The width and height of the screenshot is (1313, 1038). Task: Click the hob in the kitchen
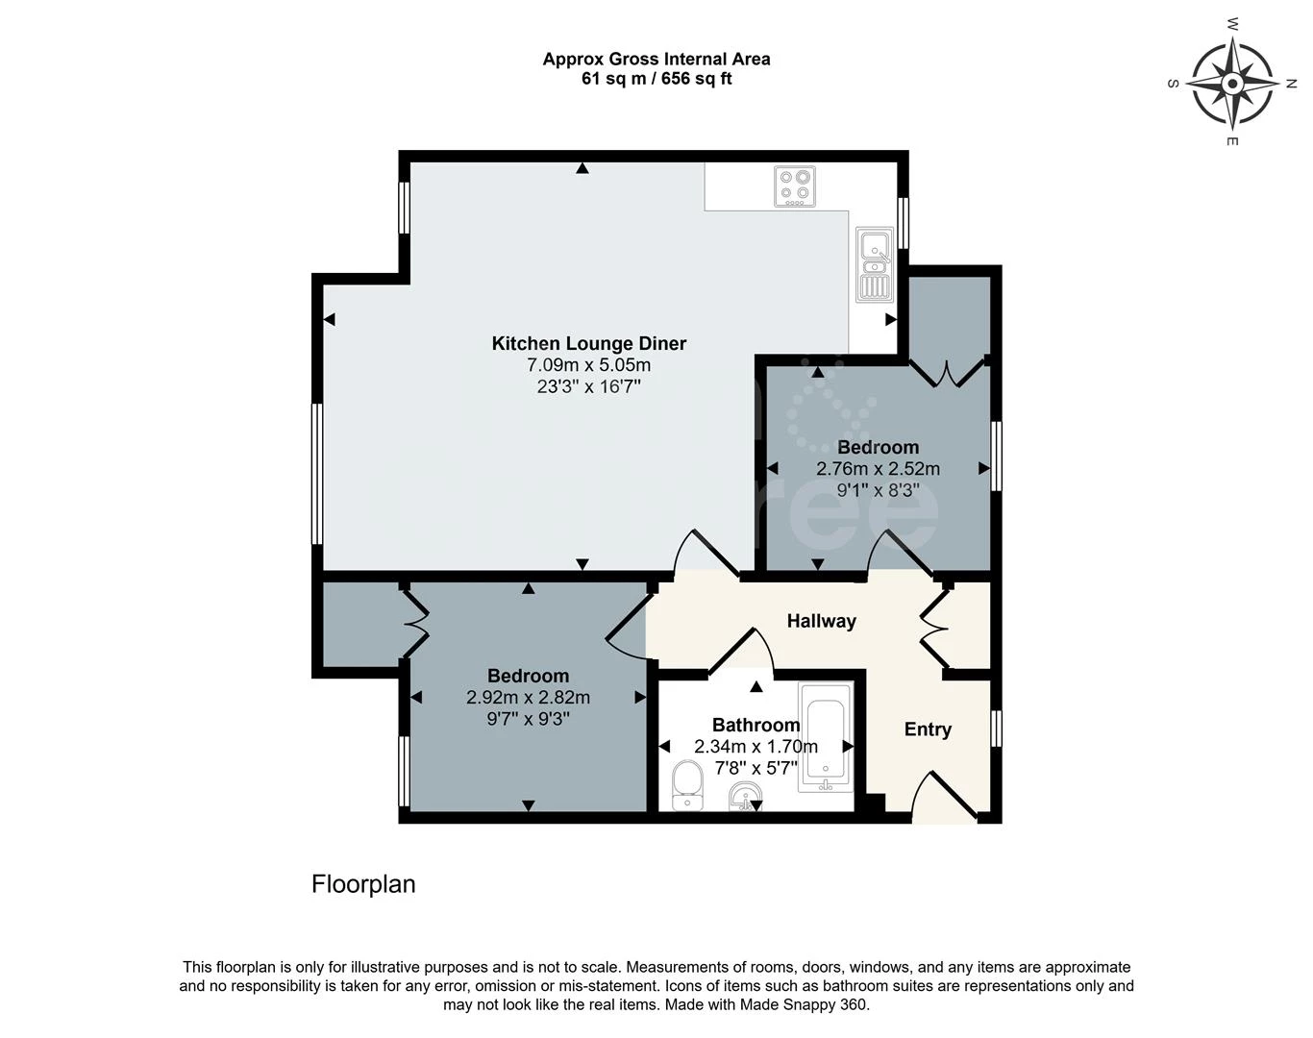click(794, 186)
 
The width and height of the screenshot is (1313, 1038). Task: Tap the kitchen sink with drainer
click(875, 265)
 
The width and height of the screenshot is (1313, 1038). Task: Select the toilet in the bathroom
click(687, 785)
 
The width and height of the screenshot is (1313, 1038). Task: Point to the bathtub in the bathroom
click(826, 737)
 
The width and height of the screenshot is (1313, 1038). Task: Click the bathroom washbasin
click(745, 797)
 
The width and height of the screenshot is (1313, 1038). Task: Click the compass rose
click(1232, 84)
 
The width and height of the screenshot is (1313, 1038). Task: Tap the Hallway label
click(821, 621)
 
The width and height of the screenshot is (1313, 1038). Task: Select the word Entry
click(928, 729)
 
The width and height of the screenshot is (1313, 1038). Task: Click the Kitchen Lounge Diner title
click(589, 343)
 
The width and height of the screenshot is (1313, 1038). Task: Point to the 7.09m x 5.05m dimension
click(589, 365)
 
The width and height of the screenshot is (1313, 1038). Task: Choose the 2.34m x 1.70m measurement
click(756, 747)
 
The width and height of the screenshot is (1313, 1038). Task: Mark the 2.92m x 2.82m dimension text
click(528, 698)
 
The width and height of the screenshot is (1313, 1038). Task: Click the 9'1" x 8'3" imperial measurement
click(878, 490)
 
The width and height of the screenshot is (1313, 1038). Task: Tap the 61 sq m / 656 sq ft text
click(656, 79)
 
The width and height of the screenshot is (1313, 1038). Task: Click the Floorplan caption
click(363, 884)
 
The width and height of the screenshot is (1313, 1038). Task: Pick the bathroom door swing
click(741, 653)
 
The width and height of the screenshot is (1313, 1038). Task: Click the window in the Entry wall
click(996, 729)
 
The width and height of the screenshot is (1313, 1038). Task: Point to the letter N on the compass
click(1291, 85)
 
